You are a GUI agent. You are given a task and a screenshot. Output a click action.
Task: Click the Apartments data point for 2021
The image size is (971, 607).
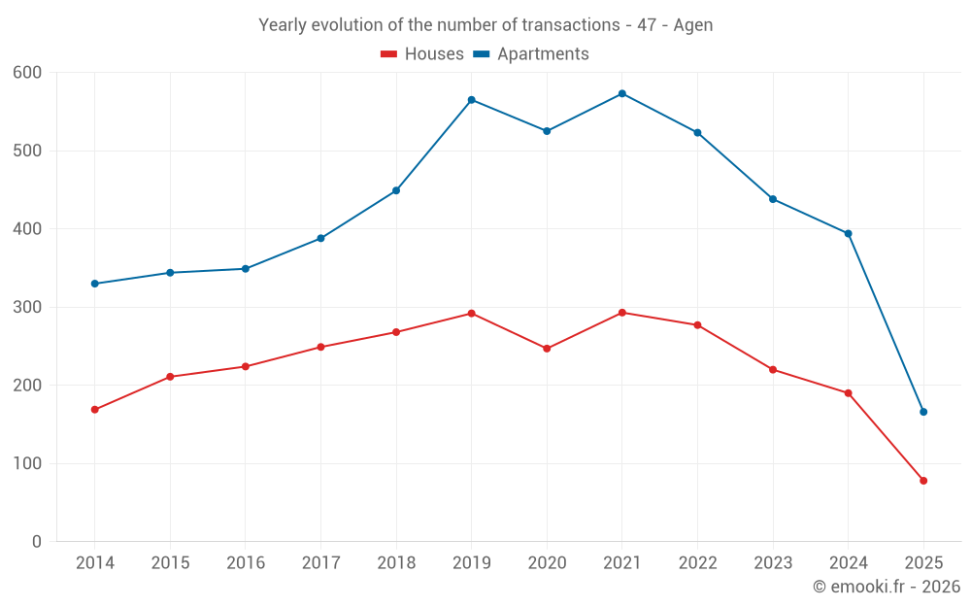(x=622, y=93)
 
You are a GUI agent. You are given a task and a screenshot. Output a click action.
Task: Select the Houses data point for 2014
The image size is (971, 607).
(x=94, y=410)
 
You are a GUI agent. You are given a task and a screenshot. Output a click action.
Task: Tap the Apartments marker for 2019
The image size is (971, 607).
(x=471, y=100)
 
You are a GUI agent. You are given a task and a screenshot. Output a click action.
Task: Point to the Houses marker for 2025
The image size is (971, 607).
(x=923, y=481)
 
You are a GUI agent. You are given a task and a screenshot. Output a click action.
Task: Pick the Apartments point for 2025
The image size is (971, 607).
(x=923, y=412)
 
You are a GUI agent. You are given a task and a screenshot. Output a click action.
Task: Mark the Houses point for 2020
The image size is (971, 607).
(x=547, y=349)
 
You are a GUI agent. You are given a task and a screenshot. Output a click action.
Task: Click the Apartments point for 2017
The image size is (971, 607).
(x=320, y=238)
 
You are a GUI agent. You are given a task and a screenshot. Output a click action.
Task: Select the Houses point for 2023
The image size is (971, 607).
(x=773, y=370)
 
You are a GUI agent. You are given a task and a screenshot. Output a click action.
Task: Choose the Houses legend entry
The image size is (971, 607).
(x=422, y=54)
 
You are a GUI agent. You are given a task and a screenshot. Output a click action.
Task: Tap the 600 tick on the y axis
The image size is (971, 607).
(x=28, y=73)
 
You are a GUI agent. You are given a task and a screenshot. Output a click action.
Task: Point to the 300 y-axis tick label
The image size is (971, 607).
(x=28, y=307)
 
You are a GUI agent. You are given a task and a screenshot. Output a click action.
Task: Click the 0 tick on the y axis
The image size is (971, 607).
(x=37, y=542)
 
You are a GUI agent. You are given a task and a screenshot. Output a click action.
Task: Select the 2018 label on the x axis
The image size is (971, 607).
(x=396, y=563)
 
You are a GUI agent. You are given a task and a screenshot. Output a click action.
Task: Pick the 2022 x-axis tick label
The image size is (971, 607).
(x=697, y=563)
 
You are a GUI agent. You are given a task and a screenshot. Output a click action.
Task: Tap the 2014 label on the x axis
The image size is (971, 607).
(x=94, y=563)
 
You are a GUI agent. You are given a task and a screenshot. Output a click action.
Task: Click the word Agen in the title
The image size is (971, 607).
(x=692, y=25)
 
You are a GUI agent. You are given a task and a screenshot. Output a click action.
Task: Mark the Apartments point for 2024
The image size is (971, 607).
(x=848, y=233)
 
